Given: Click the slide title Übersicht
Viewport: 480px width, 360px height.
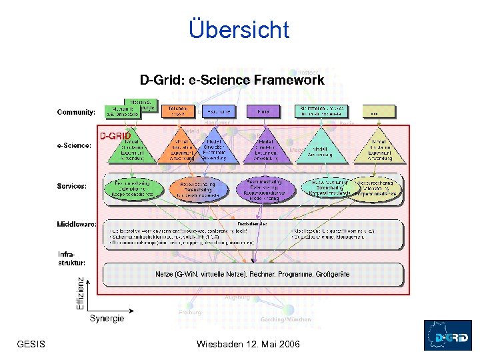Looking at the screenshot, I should (239, 30).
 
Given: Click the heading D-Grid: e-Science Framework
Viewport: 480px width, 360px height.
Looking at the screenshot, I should (232, 81).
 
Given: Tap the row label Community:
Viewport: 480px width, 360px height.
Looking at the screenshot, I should (76, 112).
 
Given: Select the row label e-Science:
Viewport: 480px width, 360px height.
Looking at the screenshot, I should (74, 146).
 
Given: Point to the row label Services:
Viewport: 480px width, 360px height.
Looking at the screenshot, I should (71, 187).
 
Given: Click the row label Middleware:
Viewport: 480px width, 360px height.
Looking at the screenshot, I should (77, 225).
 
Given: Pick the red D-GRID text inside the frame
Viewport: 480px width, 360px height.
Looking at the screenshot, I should (115, 135).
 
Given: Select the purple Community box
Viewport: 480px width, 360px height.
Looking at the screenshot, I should (263, 111).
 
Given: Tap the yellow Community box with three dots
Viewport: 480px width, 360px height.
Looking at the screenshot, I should (378, 111).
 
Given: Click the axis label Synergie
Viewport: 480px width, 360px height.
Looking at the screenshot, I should (107, 319).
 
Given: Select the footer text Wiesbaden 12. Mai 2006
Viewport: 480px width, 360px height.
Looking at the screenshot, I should (249, 344).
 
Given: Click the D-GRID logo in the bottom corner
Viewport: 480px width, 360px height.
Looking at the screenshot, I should (448, 335).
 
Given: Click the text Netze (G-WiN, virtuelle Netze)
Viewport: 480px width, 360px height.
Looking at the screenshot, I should (200, 274).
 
